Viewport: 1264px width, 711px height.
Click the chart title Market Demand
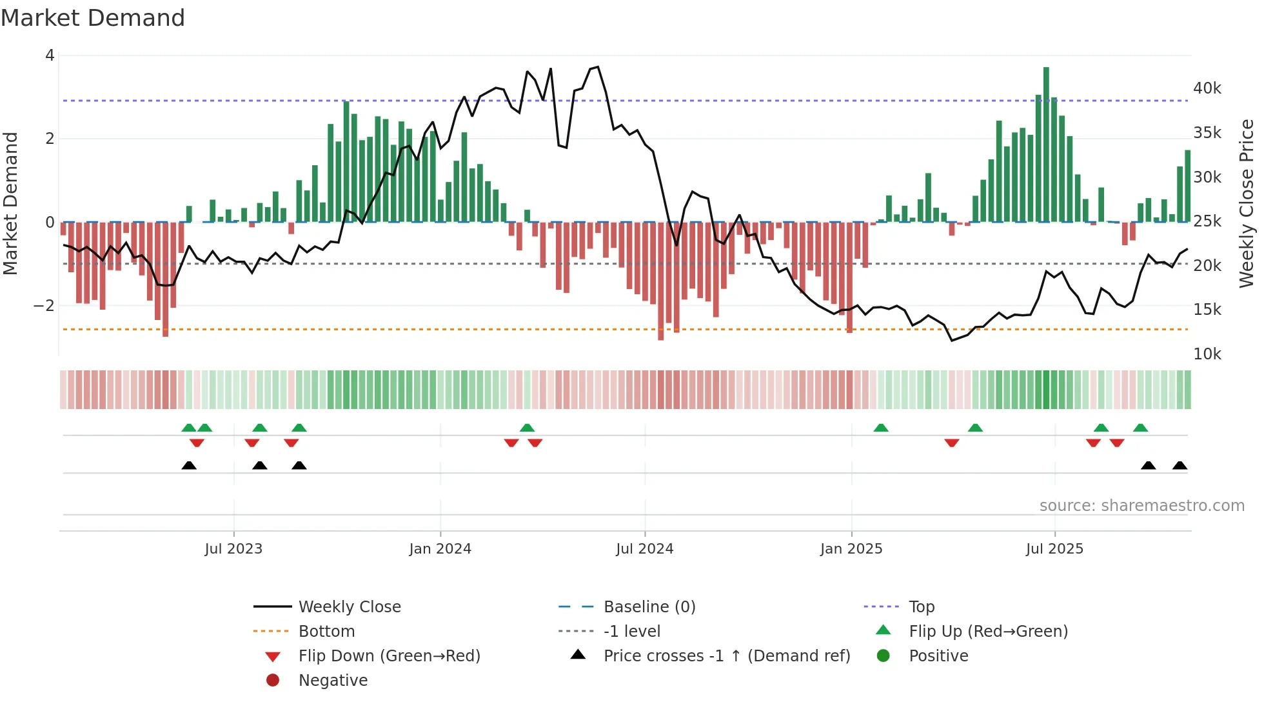(x=93, y=18)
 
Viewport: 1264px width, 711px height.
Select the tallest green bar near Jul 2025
(x=1046, y=145)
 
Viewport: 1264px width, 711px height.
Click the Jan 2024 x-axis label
(x=440, y=549)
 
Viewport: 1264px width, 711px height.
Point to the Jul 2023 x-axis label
(x=233, y=549)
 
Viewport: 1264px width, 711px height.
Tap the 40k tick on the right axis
(x=1207, y=88)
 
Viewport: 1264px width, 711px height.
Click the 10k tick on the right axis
(x=1207, y=354)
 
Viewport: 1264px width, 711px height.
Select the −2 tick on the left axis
(x=44, y=306)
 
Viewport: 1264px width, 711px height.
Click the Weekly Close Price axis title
(x=1247, y=203)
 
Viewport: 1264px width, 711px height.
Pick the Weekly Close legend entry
(x=349, y=607)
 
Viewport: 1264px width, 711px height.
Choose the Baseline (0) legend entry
(x=649, y=607)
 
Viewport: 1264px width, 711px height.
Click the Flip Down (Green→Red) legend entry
(x=389, y=656)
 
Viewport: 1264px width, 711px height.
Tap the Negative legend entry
(x=333, y=681)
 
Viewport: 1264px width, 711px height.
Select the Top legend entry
(x=921, y=607)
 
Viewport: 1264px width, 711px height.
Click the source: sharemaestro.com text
(x=1141, y=506)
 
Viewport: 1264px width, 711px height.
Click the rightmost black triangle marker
(x=1180, y=466)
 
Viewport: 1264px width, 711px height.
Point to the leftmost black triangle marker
(x=189, y=466)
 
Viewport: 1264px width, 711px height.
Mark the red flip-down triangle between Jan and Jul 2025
(x=952, y=443)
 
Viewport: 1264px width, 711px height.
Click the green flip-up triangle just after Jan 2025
(x=881, y=428)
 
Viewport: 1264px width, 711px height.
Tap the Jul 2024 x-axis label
(x=644, y=549)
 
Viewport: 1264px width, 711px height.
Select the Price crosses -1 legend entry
(x=726, y=656)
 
